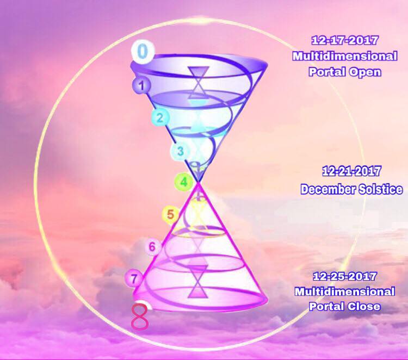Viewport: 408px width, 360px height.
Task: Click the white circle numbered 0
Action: pyautogui.click(x=143, y=51)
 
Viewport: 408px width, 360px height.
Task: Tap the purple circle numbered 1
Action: pyautogui.click(x=141, y=85)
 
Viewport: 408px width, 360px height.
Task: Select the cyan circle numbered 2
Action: pyautogui.click(x=160, y=117)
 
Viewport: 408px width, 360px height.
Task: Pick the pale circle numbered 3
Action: pyautogui.click(x=180, y=151)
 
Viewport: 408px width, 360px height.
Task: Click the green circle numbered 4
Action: pyautogui.click(x=184, y=182)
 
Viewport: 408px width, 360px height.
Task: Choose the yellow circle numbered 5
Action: pyautogui.click(x=170, y=215)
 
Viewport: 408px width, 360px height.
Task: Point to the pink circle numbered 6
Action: pyautogui.click(x=152, y=246)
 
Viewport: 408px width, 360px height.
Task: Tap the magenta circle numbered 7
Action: pyautogui.click(x=134, y=278)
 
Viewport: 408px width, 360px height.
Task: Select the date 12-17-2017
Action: pyautogui.click(x=344, y=40)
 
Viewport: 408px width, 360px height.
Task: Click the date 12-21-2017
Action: pyautogui.click(x=351, y=171)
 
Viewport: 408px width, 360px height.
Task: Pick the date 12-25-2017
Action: pyautogui.click(x=344, y=276)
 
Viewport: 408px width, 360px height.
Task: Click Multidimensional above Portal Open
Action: pyautogui.click(x=345, y=56)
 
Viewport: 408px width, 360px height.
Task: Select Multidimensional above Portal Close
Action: pyautogui.click(x=345, y=291)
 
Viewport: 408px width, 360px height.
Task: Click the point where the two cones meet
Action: pyautogui.click(x=198, y=182)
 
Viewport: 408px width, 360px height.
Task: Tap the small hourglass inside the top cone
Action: pyautogui.click(x=199, y=82)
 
